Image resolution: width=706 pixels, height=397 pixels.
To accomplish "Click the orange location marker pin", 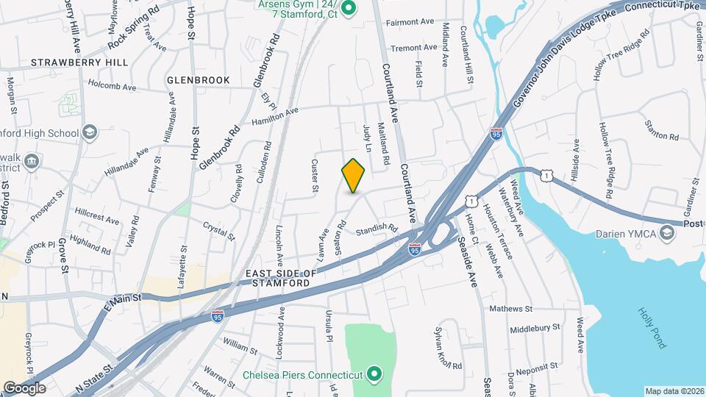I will click(x=354, y=175).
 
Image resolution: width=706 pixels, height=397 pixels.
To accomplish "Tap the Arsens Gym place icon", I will click(x=350, y=9).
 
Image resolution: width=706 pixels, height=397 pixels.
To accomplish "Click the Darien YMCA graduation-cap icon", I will click(x=666, y=234).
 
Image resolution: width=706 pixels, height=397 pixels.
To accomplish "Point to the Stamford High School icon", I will click(x=89, y=132).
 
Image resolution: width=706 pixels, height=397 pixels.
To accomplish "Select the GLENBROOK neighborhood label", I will click(x=198, y=79).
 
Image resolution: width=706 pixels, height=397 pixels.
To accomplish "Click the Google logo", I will click(x=24, y=387).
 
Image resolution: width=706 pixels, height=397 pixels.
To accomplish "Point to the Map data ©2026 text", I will click(x=673, y=391).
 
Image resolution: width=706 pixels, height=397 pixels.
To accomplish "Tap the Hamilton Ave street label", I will click(x=275, y=116).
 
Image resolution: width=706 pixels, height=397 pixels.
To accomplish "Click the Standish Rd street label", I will click(x=376, y=231).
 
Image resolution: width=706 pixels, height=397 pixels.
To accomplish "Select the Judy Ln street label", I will click(x=367, y=137).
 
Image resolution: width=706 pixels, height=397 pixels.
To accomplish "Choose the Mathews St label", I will click(x=510, y=309).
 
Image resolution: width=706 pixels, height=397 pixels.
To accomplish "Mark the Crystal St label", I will click(x=218, y=232).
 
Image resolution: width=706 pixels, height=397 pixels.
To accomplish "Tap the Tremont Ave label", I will click(x=413, y=48).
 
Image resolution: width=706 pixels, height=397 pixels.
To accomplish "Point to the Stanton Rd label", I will click(x=662, y=130).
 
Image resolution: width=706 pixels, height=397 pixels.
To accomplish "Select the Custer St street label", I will click(x=315, y=176).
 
